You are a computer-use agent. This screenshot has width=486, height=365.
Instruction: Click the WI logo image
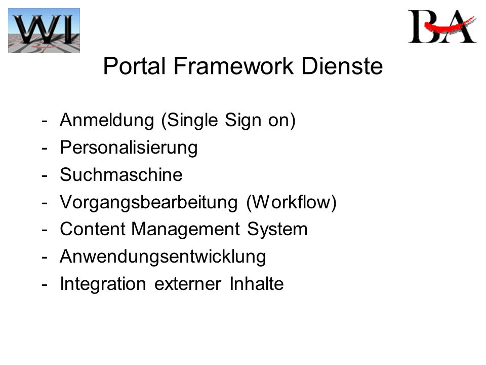tap(44, 30)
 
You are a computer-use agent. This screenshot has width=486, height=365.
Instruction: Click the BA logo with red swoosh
tap(442, 26)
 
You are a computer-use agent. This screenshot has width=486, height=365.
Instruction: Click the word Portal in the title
tap(134, 66)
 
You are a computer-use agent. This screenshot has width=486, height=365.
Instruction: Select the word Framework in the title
tap(233, 66)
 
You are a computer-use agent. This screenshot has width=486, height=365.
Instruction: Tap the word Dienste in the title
tap(342, 66)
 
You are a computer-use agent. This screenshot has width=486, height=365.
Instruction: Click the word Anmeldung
tap(107, 120)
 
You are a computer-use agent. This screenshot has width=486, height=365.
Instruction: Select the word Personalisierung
tap(129, 148)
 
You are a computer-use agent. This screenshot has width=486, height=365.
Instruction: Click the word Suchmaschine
tap(121, 174)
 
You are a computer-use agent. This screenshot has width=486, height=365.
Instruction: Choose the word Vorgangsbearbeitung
tap(149, 203)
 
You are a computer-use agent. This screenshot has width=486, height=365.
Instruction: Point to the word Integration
tap(103, 284)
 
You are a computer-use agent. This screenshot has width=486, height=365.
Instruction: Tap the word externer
tap(188, 284)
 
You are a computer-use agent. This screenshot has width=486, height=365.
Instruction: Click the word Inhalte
tap(257, 284)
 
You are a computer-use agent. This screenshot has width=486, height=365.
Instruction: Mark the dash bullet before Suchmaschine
tap(45, 176)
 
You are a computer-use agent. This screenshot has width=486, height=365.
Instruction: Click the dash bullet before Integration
tap(45, 285)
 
